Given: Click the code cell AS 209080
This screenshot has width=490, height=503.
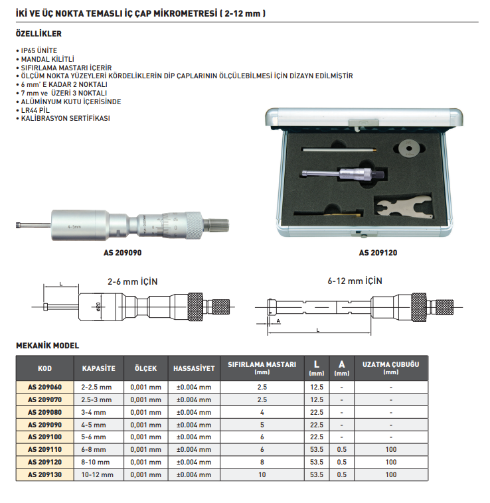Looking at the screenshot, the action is (44, 412).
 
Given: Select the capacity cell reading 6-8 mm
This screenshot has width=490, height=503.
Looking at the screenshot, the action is (94, 450).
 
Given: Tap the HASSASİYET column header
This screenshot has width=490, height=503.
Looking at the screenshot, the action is (194, 368).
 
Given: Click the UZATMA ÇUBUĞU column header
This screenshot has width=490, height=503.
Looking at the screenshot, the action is (391, 368).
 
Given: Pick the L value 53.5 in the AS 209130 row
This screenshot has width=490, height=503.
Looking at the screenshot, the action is (317, 474).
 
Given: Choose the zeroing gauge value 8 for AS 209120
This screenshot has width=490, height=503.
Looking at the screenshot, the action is (262, 463).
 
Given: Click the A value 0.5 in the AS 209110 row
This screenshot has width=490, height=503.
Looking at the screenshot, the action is (342, 450).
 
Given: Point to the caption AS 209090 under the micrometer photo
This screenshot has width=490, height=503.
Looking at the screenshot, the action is (122, 253).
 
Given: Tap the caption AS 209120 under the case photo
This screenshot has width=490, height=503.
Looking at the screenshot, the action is (378, 253).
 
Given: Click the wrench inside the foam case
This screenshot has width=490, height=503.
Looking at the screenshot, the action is (404, 208).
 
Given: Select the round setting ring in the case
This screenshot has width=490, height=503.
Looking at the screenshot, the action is (409, 148).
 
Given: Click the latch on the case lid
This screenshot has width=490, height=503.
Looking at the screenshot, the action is (363, 123).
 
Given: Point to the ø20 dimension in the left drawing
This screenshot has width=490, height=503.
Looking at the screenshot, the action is (98, 307).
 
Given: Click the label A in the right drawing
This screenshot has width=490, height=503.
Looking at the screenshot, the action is (278, 321).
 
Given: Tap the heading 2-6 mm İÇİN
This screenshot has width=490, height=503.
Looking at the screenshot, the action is (133, 281).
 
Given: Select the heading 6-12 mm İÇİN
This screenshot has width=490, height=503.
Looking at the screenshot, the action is (355, 281).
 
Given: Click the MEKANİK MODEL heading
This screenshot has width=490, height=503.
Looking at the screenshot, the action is (48, 346).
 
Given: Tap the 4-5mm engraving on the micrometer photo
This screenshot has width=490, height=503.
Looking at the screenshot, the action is (74, 227).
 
